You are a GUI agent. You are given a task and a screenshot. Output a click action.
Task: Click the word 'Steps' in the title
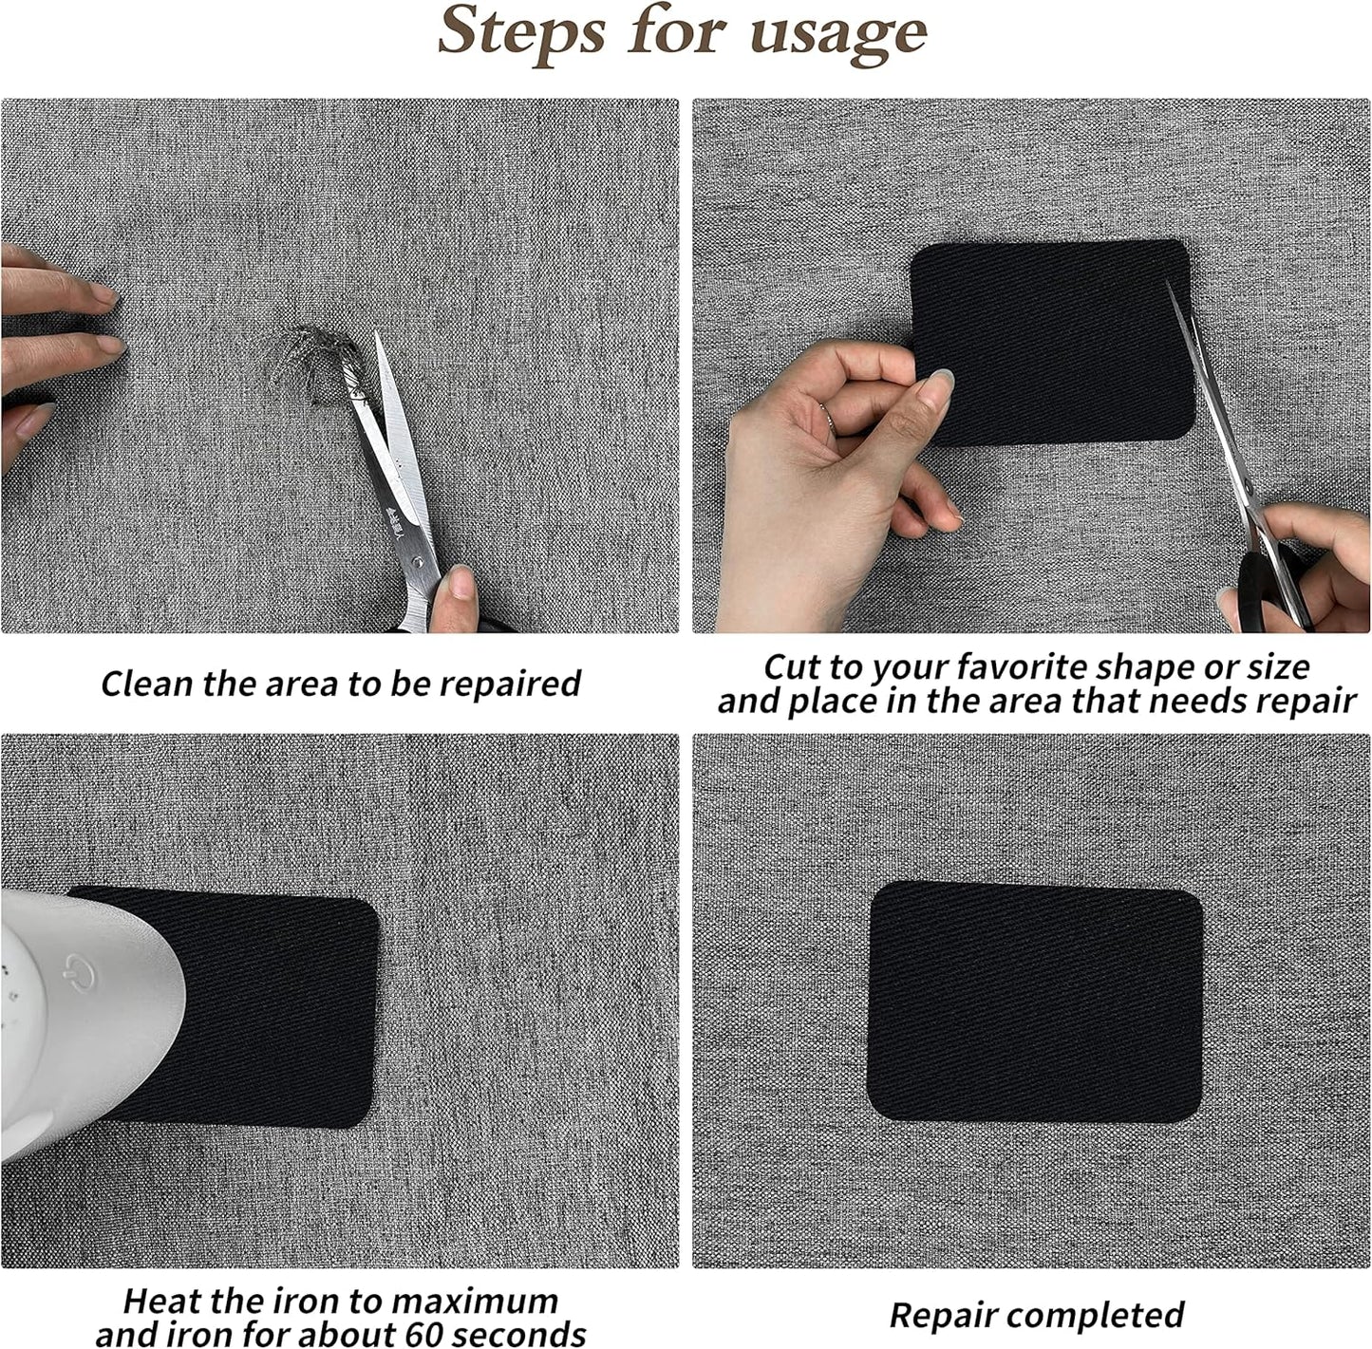pos(522,33)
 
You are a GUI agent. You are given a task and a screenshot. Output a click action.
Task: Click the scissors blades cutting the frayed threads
pos(394,427)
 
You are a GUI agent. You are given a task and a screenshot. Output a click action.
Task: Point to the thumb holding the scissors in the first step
pos(461,593)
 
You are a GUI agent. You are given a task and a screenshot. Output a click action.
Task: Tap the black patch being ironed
pos(275,1006)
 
